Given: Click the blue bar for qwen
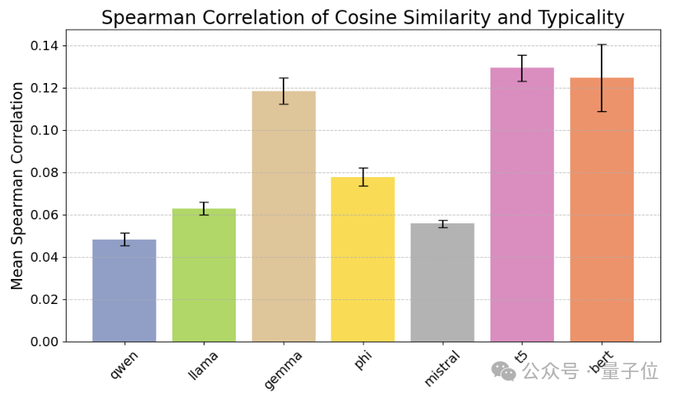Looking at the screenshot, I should tap(124, 291).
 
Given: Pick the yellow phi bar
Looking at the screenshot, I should tap(363, 259).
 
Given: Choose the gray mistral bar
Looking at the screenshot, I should tap(443, 283).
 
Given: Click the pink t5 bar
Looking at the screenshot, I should tap(522, 204).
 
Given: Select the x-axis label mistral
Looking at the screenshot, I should tap(442, 369).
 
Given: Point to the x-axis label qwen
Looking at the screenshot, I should tap(125, 365).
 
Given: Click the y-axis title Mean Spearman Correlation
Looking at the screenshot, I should tap(18, 186).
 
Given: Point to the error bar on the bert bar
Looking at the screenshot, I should tap(602, 78).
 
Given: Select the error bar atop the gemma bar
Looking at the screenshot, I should tap(284, 91).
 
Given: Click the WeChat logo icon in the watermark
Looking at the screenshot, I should tap(503, 371).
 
